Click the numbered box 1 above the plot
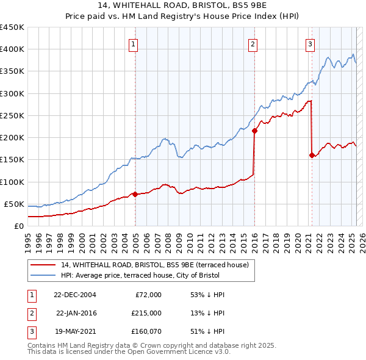coord(133,43)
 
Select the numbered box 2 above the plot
coord(252,43)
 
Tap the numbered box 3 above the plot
coord(310,43)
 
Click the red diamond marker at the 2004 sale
coord(135,194)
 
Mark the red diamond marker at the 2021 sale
coord(312,155)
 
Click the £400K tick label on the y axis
coord(12,49)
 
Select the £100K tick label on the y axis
coord(12,182)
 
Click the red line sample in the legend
coord(43,265)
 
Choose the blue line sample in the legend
coord(43,276)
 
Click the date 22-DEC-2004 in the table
coord(74,294)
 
